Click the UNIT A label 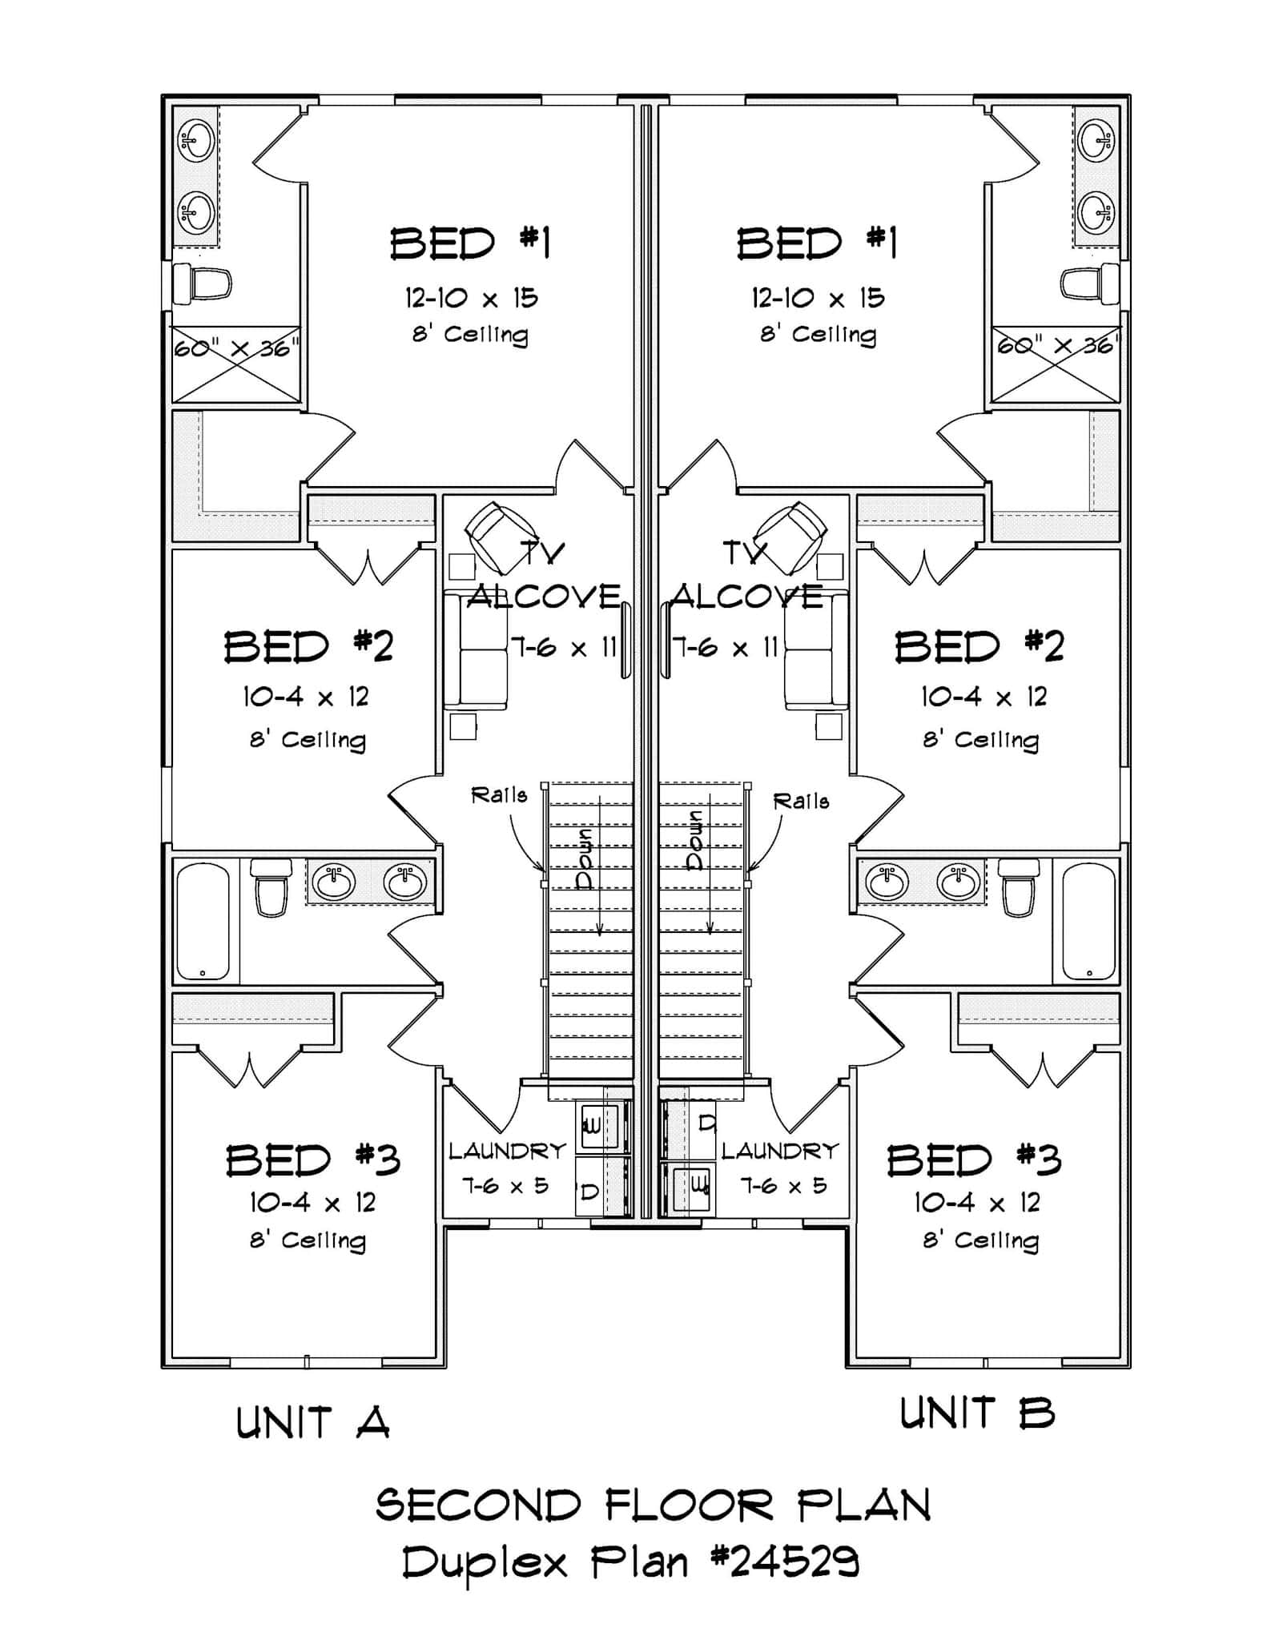(x=312, y=1423)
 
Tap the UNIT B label (x=976, y=1413)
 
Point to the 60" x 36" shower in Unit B (x=1055, y=364)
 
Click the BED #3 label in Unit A (x=312, y=1160)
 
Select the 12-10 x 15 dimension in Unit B (x=817, y=299)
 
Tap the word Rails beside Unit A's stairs (x=499, y=795)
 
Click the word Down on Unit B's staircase (x=694, y=839)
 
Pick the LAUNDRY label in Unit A (x=507, y=1152)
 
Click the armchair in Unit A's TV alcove (x=501, y=537)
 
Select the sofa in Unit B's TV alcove (x=816, y=651)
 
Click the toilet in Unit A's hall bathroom (x=271, y=888)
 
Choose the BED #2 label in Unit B (x=979, y=646)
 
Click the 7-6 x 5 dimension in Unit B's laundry (x=782, y=1186)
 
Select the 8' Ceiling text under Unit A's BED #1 (x=470, y=334)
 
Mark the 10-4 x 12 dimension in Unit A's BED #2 (x=306, y=697)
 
